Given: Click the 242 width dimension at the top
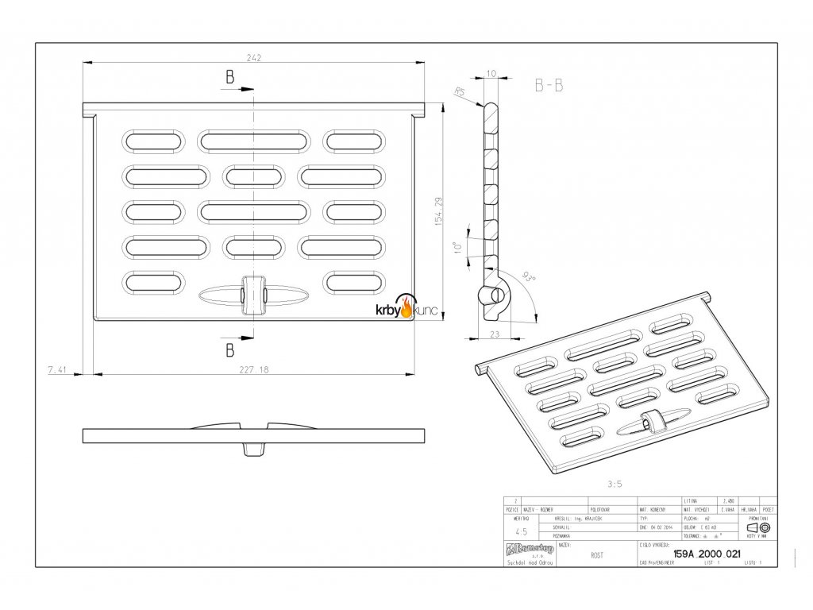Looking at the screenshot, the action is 253,58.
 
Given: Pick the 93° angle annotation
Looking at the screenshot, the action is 526,277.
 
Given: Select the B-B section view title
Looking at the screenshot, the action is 549,87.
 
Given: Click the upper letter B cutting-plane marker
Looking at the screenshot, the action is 229,77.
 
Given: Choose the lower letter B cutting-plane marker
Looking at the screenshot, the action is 229,349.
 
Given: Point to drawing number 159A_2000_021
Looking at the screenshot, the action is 706,555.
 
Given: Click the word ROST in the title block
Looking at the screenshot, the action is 595,555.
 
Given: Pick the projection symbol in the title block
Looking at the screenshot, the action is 758,527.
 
